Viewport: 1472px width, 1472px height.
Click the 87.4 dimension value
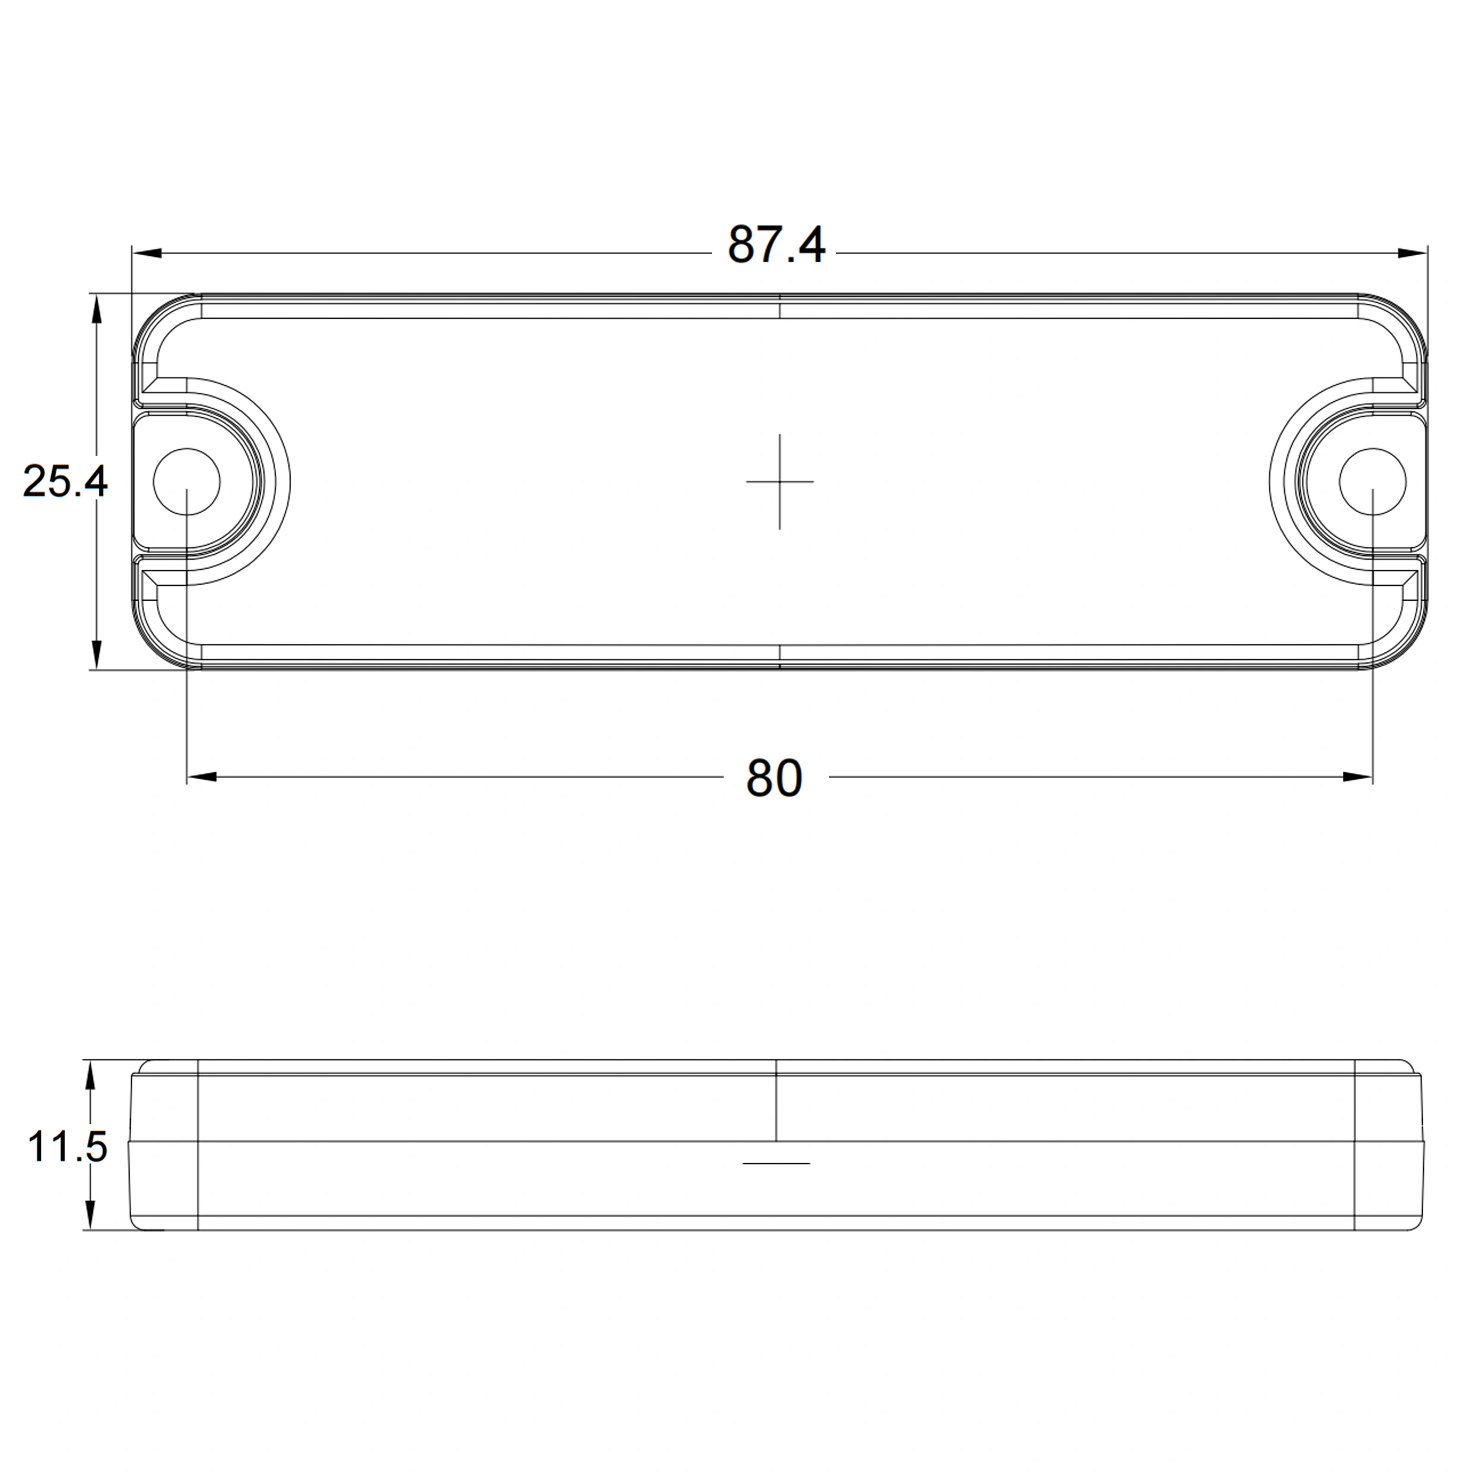coord(776,245)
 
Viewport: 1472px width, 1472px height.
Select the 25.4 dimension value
coord(65,481)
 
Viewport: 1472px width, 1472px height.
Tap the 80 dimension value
coord(774,778)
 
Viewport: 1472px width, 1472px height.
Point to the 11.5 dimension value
coord(67,1147)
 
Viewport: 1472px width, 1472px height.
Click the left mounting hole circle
coord(186,449)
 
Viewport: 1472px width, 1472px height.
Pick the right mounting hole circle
coord(1372,449)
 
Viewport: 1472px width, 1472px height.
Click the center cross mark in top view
coord(779,481)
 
